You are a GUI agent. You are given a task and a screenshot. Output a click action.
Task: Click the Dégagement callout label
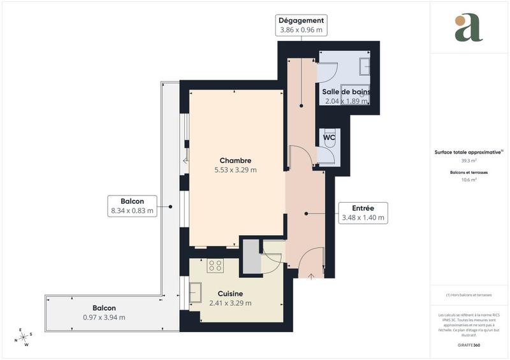(x=302, y=25)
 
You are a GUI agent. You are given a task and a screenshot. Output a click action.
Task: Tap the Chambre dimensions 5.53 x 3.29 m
(x=235, y=170)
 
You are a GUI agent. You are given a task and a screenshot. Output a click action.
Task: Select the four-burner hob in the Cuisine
(x=215, y=266)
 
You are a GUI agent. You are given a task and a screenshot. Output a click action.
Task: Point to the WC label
(x=329, y=137)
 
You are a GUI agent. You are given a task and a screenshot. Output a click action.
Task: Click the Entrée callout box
(x=363, y=213)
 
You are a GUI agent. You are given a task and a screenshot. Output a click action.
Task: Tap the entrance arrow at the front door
(x=310, y=276)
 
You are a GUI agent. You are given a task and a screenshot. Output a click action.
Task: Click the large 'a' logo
(x=469, y=28)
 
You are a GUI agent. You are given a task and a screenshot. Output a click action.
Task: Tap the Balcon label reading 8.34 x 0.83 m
(x=132, y=206)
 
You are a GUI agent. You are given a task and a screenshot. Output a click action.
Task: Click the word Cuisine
(x=230, y=294)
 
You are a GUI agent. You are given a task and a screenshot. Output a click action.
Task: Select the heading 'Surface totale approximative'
(x=469, y=152)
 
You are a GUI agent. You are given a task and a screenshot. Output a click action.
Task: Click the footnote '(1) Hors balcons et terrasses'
(x=469, y=296)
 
